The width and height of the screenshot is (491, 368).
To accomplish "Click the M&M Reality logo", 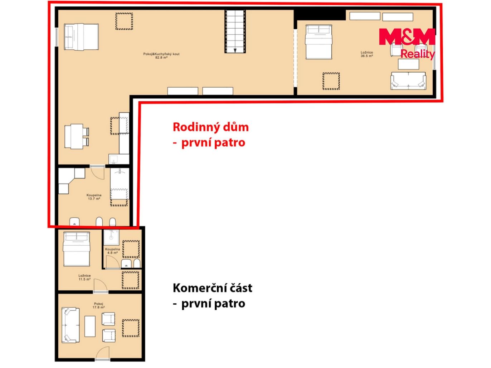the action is [x=407, y=44].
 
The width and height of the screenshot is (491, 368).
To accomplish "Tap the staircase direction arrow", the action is [x=235, y=50].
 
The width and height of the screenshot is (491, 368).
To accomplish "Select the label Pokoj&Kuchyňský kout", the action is [x=161, y=54].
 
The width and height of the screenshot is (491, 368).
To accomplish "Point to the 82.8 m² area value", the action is [x=161, y=58].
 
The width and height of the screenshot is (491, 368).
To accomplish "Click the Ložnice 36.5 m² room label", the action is [x=366, y=54].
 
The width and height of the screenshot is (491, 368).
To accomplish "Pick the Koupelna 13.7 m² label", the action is [x=94, y=197].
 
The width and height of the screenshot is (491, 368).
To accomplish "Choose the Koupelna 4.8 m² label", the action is [x=112, y=251].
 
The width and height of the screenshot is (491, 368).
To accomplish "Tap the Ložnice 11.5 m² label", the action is [x=84, y=278].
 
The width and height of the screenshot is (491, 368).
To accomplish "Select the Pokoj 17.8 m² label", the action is [x=98, y=305].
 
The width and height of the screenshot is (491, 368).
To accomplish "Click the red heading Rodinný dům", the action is [x=211, y=127].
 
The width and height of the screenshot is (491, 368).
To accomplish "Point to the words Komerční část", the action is [x=213, y=288].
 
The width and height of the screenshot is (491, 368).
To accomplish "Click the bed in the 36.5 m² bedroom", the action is [x=319, y=42].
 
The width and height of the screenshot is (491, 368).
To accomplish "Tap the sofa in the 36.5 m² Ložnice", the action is [x=408, y=81].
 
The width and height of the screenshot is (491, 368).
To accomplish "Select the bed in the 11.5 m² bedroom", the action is [x=77, y=249].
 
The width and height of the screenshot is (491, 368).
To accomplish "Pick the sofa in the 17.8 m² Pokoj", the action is [x=71, y=325].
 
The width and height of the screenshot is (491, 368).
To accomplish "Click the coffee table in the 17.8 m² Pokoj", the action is [x=90, y=326].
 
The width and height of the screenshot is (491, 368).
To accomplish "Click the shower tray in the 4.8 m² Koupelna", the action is [x=111, y=237].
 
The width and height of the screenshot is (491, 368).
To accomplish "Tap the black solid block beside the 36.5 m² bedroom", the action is [x=320, y=15].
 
